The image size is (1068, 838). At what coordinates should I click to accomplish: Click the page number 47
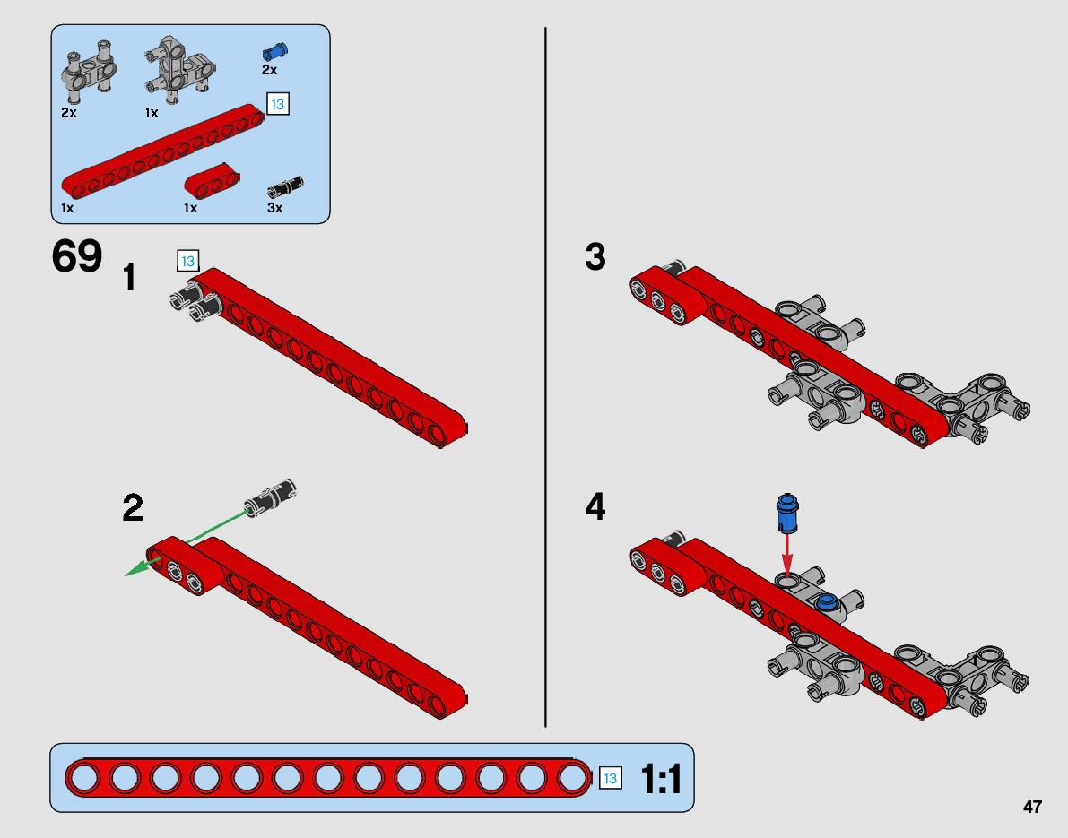pos(1032,807)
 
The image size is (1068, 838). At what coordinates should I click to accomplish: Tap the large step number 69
pos(77,257)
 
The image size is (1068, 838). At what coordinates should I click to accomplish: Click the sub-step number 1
pos(130,278)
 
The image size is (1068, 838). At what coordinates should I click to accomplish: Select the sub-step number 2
pos(133,509)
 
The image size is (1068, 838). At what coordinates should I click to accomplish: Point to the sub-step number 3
pos(595,258)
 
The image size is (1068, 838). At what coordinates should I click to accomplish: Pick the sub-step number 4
pos(595,508)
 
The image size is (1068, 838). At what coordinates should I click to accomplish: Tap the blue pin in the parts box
pos(274,50)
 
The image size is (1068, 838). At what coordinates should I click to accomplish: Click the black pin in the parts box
pos(286,186)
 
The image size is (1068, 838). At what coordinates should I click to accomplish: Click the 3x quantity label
pos(275,208)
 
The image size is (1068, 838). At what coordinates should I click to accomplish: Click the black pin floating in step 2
pos(271,497)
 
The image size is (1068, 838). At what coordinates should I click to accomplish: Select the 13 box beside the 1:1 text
pos(610,778)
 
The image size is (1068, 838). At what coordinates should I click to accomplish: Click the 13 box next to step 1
pos(187,262)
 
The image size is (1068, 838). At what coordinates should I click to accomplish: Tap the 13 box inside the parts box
pos(277,105)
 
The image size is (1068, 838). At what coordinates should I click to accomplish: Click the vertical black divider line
pos(545,376)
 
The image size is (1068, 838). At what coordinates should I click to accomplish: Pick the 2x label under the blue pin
pos(270,70)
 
